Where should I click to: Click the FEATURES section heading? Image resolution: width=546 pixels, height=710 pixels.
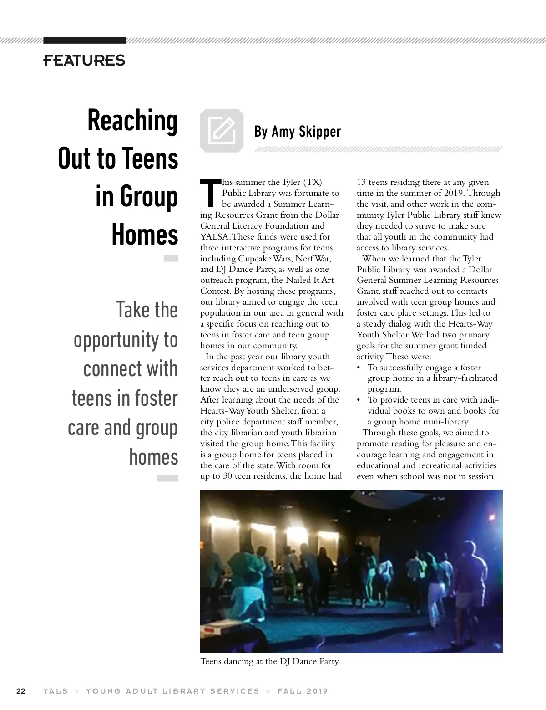tap(84, 60)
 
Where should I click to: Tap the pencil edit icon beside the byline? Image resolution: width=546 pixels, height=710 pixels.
tap(222, 130)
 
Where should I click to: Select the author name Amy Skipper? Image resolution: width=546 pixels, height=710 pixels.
tap(306, 132)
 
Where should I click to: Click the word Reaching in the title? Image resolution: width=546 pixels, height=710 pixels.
tap(132, 121)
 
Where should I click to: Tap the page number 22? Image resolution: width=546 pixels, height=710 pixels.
tap(21, 691)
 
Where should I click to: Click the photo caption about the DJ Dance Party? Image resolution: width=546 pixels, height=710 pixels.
tap(269, 661)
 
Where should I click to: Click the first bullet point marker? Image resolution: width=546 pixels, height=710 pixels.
tap(359, 368)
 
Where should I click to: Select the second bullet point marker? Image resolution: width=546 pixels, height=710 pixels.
tap(359, 400)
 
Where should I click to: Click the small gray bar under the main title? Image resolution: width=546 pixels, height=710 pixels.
tap(171, 259)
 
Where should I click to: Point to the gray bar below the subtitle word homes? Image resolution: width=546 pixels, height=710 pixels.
tap(167, 478)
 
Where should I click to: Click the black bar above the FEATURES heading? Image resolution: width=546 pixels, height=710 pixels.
tap(85, 41)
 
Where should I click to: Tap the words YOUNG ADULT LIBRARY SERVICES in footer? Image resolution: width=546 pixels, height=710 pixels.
tap(172, 691)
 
